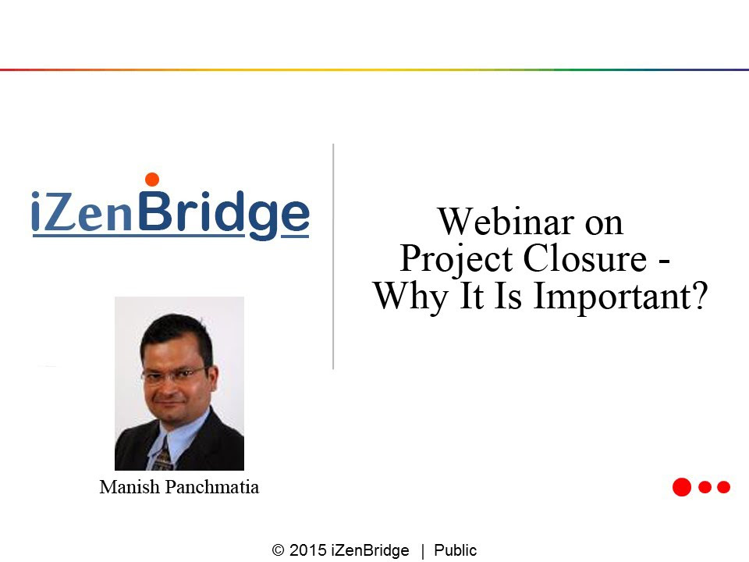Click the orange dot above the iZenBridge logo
152,180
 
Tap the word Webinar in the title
506,222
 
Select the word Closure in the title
585,258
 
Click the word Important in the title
612,297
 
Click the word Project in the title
456,260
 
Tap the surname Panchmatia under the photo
212,487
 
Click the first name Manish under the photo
130,487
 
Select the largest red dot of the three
682,487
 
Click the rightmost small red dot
724,487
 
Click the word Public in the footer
455,550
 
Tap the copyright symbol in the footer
278,550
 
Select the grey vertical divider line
333,256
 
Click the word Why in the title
411,297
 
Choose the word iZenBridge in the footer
370,550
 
